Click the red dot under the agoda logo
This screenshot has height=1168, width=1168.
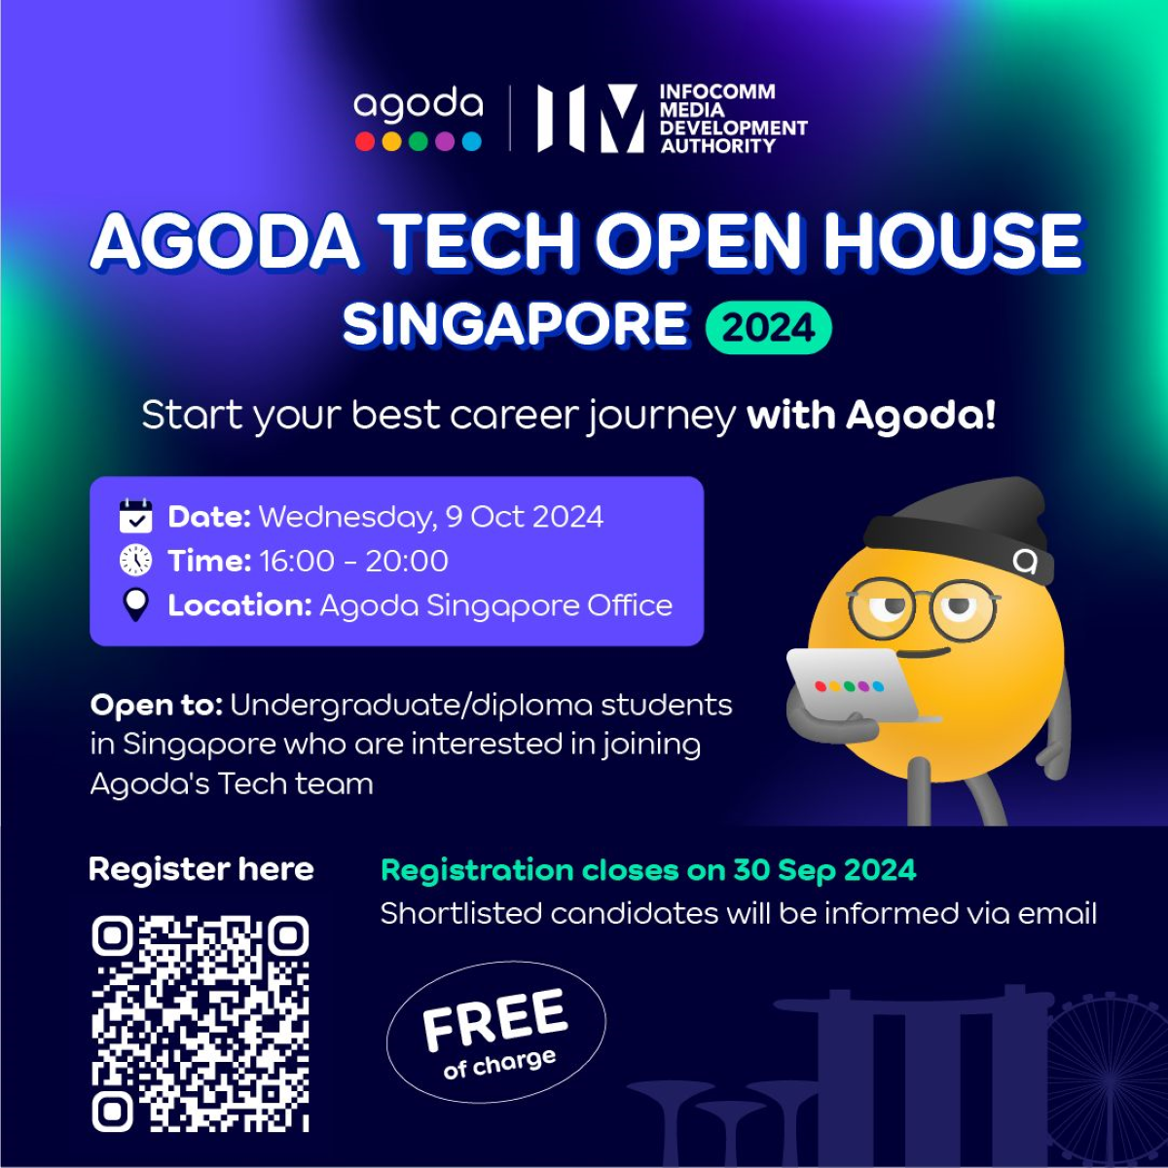point(365,142)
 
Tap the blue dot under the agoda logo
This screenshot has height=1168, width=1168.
point(472,142)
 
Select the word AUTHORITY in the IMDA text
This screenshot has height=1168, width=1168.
point(718,146)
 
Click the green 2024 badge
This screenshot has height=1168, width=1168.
point(768,327)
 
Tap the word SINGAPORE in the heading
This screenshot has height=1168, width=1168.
point(515,325)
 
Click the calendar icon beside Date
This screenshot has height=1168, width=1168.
point(135,516)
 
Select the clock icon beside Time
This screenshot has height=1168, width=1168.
point(135,561)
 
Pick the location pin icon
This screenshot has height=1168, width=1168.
point(135,605)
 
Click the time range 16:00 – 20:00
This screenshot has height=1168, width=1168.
point(354,561)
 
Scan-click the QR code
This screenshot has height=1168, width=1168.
point(201,1022)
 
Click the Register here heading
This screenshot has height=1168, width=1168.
point(201,869)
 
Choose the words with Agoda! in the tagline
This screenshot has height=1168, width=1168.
point(871,416)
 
